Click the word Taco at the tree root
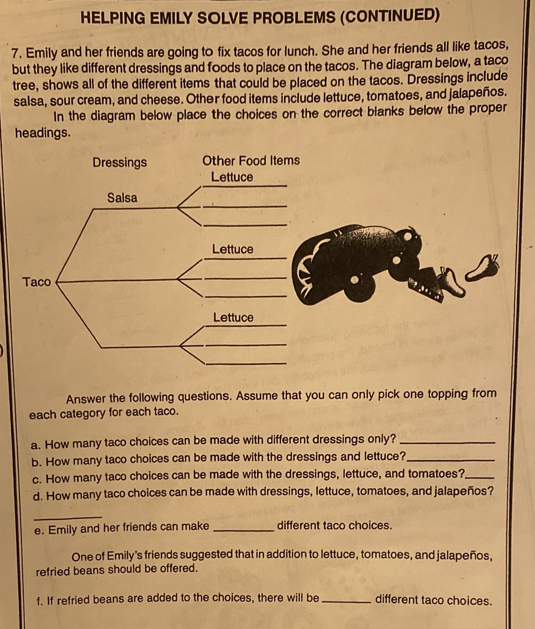pyautogui.click(x=37, y=282)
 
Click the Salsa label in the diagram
pyautogui.click(x=122, y=198)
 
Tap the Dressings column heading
pyautogui.click(x=120, y=163)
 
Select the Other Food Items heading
pyautogui.click(x=251, y=161)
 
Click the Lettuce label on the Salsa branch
pyautogui.click(x=232, y=177)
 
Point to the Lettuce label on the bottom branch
pyautogui.click(x=233, y=318)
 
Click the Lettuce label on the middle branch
pyautogui.click(x=233, y=249)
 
